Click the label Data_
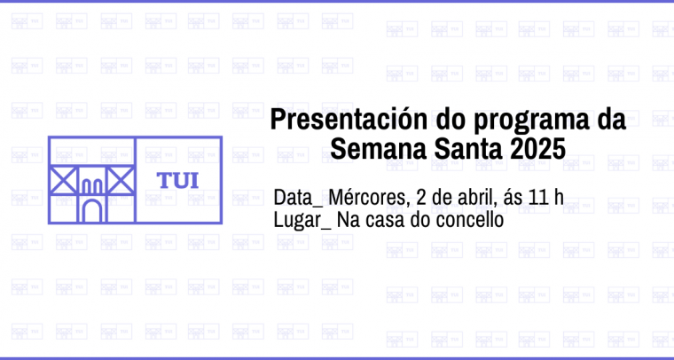[x=298, y=198]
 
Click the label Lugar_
[x=302, y=221]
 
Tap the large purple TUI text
[x=178, y=181]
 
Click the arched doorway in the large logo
[x=92, y=211]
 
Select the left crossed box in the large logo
[x=63, y=180]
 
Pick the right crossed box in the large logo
[x=121, y=180]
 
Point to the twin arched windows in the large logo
[x=92, y=186]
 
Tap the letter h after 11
[x=559, y=197]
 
